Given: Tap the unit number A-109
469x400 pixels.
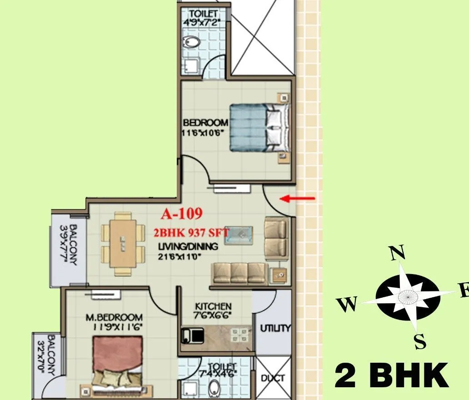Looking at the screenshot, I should click(181, 213).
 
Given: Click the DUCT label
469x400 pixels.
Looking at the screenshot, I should click(273, 378).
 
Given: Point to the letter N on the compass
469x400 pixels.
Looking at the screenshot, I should click(398, 253).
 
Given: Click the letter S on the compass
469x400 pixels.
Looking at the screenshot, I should click(420, 341).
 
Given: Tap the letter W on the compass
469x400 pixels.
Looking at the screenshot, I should click(348, 305).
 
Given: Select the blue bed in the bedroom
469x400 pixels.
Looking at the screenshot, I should click(259, 127).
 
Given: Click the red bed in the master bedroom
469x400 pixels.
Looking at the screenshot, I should click(118, 359).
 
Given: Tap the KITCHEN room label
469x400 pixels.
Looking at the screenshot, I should click(213, 306).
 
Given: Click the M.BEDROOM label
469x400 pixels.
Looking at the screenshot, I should click(114, 317).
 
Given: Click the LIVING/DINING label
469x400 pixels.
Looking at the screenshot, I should click(188, 247).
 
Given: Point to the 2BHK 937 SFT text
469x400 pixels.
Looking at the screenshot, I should click(191, 232).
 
